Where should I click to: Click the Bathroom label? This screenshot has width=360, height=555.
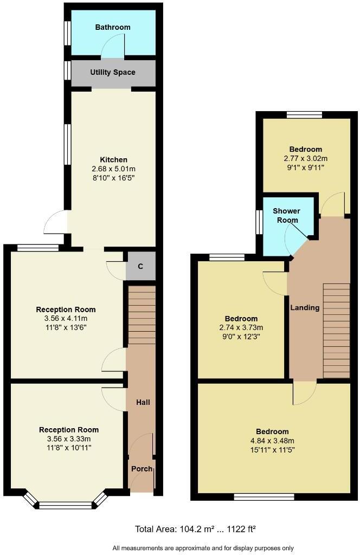(113, 27)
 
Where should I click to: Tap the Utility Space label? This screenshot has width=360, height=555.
(113, 72)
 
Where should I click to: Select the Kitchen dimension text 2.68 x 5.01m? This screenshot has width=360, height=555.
(113, 169)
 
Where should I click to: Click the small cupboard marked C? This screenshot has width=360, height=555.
(140, 266)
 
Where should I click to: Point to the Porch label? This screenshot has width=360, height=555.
(142, 469)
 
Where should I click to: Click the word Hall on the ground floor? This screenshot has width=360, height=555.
(143, 402)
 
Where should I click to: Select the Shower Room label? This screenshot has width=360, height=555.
(286, 215)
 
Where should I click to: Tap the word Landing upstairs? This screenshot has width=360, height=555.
(305, 307)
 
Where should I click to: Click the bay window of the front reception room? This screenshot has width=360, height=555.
(65, 505)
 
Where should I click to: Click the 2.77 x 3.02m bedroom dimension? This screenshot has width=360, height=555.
(305, 158)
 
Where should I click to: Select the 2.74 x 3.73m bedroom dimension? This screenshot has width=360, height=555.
(241, 327)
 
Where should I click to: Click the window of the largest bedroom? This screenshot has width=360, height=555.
(264, 496)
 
